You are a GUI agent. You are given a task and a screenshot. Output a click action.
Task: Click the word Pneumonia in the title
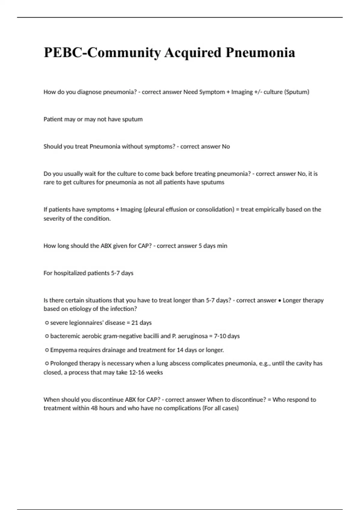tap(260, 52)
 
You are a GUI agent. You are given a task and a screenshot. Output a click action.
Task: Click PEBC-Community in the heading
tap(102, 52)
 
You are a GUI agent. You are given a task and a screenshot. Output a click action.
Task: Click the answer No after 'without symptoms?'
tap(226, 147)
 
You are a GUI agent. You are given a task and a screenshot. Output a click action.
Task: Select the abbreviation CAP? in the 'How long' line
tap(145, 246)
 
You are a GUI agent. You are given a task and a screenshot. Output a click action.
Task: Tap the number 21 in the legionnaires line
tap(135, 323)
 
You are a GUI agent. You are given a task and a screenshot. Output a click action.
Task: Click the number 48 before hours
tap(95, 408)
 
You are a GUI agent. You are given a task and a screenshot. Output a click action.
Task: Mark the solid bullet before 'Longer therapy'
tap(280, 301)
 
